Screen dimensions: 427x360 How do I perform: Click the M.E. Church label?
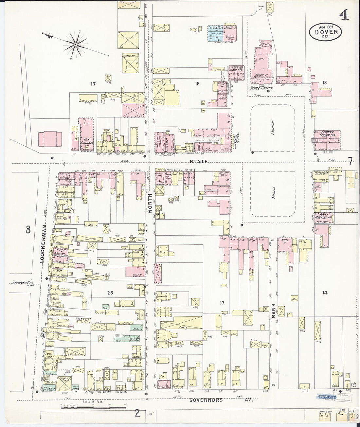[85, 143]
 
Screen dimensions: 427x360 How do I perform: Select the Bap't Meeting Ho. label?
[324, 216]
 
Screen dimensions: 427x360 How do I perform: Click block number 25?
[110, 293]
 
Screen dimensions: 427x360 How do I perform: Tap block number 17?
[93, 84]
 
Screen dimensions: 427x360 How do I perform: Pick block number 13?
[222, 303]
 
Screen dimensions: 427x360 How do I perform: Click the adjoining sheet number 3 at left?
[28, 230]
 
